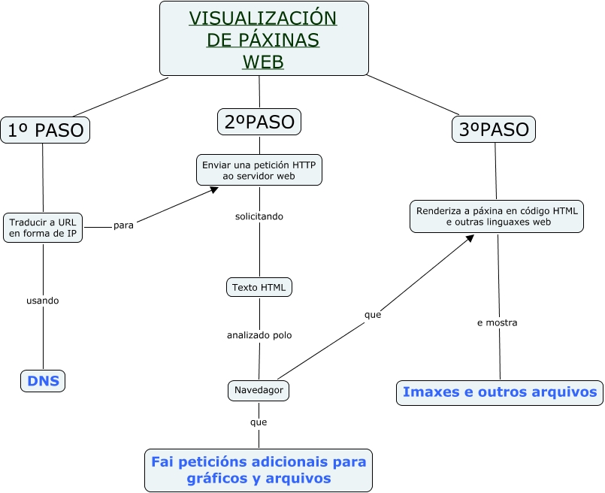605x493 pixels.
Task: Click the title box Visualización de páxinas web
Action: [264, 38]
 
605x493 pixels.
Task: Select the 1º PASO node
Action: [45, 130]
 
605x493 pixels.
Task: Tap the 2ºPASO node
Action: [259, 122]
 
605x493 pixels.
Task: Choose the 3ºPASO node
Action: [494, 129]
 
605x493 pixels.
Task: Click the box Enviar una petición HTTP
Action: [259, 170]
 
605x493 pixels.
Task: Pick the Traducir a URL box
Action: [43, 228]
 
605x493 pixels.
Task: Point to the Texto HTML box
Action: [259, 287]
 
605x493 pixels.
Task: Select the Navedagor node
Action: [259, 390]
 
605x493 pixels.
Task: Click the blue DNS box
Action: [43, 381]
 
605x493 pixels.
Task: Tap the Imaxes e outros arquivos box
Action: [500, 393]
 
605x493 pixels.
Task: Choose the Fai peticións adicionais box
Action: [259, 470]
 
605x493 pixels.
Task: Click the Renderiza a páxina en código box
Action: [497, 216]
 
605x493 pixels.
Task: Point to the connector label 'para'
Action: [123, 225]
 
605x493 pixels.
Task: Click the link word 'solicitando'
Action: [259, 216]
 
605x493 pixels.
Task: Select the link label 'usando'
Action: [42, 301]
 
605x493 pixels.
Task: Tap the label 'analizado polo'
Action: [259, 335]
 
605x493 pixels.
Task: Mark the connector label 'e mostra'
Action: [498, 322]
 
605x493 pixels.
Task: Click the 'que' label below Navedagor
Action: [259, 422]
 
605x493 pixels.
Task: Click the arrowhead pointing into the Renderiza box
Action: [470, 238]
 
